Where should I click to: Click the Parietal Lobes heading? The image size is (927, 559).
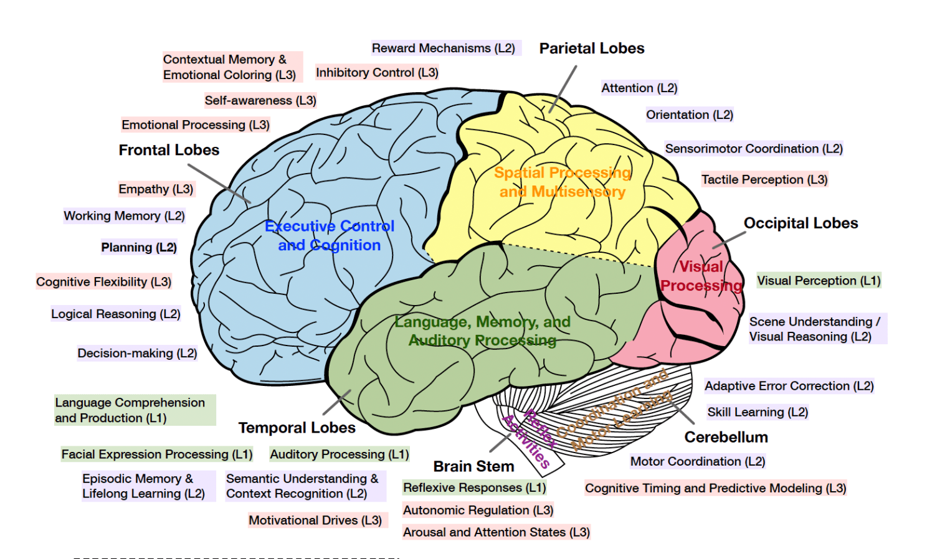pyautogui.click(x=591, y=49)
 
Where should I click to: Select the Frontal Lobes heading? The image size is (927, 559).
pyautogui.click(x=169, y=150)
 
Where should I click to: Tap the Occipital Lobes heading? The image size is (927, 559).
pyautogui.click(x=801, y=223)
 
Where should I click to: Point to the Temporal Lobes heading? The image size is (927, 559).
pyautogui.click(x=297, y=428)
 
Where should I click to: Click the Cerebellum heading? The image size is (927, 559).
pyautogui.click(x=726, y=438)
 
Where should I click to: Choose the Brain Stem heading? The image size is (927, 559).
pyautogui.click(x=473, y=466)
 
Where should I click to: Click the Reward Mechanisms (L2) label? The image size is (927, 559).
pyautogui.click(x=443, y=48)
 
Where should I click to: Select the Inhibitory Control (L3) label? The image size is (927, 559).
pyautogui.click(x=377, y=73)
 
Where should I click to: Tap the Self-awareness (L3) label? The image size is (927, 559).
pyautogui.click(x=260, y=100)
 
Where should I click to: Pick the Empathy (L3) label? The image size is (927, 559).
pyautogui.click(x=156, y=189)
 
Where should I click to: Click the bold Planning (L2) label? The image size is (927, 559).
pyautogui.click(x=139, y=248)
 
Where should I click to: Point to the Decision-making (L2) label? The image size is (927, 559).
pyautogui.click(x=137, y=354)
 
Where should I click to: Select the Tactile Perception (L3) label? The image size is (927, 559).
pyautogui.click(x=764, y=180)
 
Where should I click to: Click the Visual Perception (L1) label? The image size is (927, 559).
pyautogui.click(x=819, y=281)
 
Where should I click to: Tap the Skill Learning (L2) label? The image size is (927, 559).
pyautogui.click(x=758, y=412)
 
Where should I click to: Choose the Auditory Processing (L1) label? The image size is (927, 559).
pyautogui.click(x=339, y=454)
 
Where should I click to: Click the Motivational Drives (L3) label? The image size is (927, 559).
pyautogui.click(x=315, y=520)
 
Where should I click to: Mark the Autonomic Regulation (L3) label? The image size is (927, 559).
pyautogui.click(x=478, y=510)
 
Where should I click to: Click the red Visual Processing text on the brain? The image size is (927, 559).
pyautogui.click(x=701, y=276)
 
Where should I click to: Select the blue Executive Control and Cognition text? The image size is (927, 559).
pyautogui.click(x=330, y=236)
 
